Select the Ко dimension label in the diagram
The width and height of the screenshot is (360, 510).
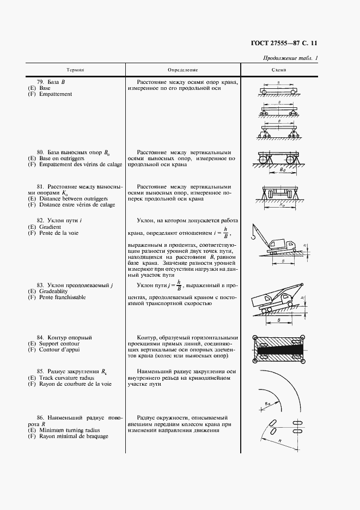[x=280, y=207]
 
